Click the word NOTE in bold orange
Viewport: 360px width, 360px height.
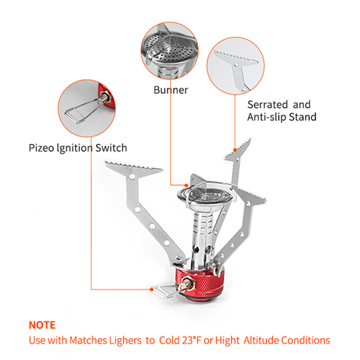(42, 325)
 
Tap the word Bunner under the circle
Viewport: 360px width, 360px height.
(171, 90)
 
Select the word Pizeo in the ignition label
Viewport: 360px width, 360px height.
(41, 148)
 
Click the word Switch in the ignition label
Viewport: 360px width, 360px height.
(111, 148)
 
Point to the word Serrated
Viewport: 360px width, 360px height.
(268, 104)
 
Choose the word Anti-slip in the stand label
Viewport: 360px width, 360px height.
(266, 117)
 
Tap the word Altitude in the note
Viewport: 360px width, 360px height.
(261, 340)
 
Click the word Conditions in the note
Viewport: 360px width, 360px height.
(305, 340)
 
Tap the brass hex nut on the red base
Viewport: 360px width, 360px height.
(189, 282)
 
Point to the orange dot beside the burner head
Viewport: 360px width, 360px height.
(186, 185)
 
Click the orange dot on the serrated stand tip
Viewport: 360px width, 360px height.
(235, 150)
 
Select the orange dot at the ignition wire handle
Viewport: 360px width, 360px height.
(151, 289)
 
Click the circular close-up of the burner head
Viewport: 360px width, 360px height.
(169, 51)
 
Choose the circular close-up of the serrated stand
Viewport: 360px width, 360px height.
(235, 66)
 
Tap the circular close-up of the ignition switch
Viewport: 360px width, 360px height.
(87, 108)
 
